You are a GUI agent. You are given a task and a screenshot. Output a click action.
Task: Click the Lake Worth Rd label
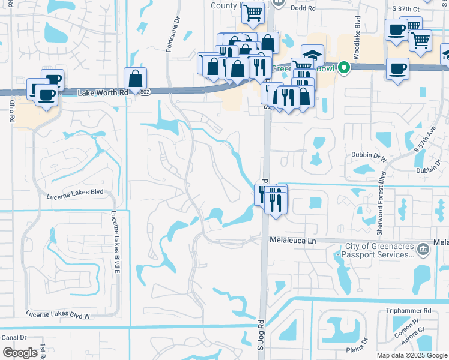tap(104, 92)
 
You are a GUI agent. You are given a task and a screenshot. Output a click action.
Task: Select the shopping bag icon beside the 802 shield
tap(136, 78)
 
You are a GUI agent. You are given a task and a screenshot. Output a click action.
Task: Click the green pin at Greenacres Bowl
tap(343, 67)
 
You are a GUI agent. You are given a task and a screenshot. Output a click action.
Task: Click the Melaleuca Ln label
tap(292, 241)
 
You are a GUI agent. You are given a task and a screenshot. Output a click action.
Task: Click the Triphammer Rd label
tap(409, 311)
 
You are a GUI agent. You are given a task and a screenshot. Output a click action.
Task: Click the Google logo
tap(20, 352)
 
